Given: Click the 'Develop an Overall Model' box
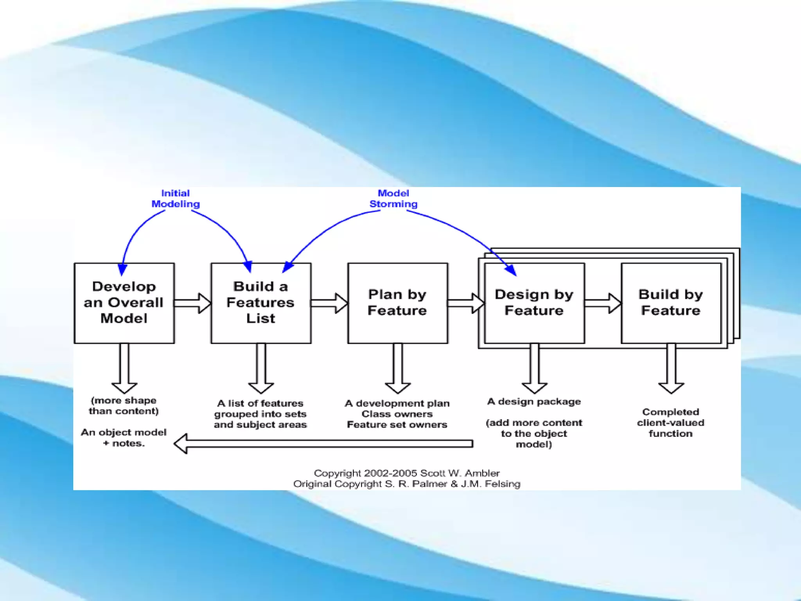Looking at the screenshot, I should [x=124, y=303].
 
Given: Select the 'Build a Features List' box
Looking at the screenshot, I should [x=260, y=303].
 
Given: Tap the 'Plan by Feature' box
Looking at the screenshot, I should [x=397, y=303].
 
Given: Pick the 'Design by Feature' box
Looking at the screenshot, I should [x=534, y=303].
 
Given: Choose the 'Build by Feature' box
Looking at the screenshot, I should [x=671, y=303].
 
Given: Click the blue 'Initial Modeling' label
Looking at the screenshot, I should [x=176, y=199].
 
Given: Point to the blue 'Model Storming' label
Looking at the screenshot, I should [x=393, y=199].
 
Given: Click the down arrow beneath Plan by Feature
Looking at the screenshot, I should [x=397, y=368].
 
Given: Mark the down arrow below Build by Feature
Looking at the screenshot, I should [x=671, y=368].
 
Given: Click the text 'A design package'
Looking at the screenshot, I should [x=534, y=402].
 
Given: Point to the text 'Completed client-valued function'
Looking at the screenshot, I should [x=670, y=423].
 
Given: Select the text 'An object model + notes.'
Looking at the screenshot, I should [x=124, y=438].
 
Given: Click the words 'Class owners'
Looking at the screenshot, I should [x=397, y=414].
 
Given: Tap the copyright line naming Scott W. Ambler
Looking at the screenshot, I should [x=407, y=473].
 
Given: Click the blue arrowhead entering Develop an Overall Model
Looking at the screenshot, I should [x=122, y=270].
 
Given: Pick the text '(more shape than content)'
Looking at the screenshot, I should [x=124, y=406].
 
